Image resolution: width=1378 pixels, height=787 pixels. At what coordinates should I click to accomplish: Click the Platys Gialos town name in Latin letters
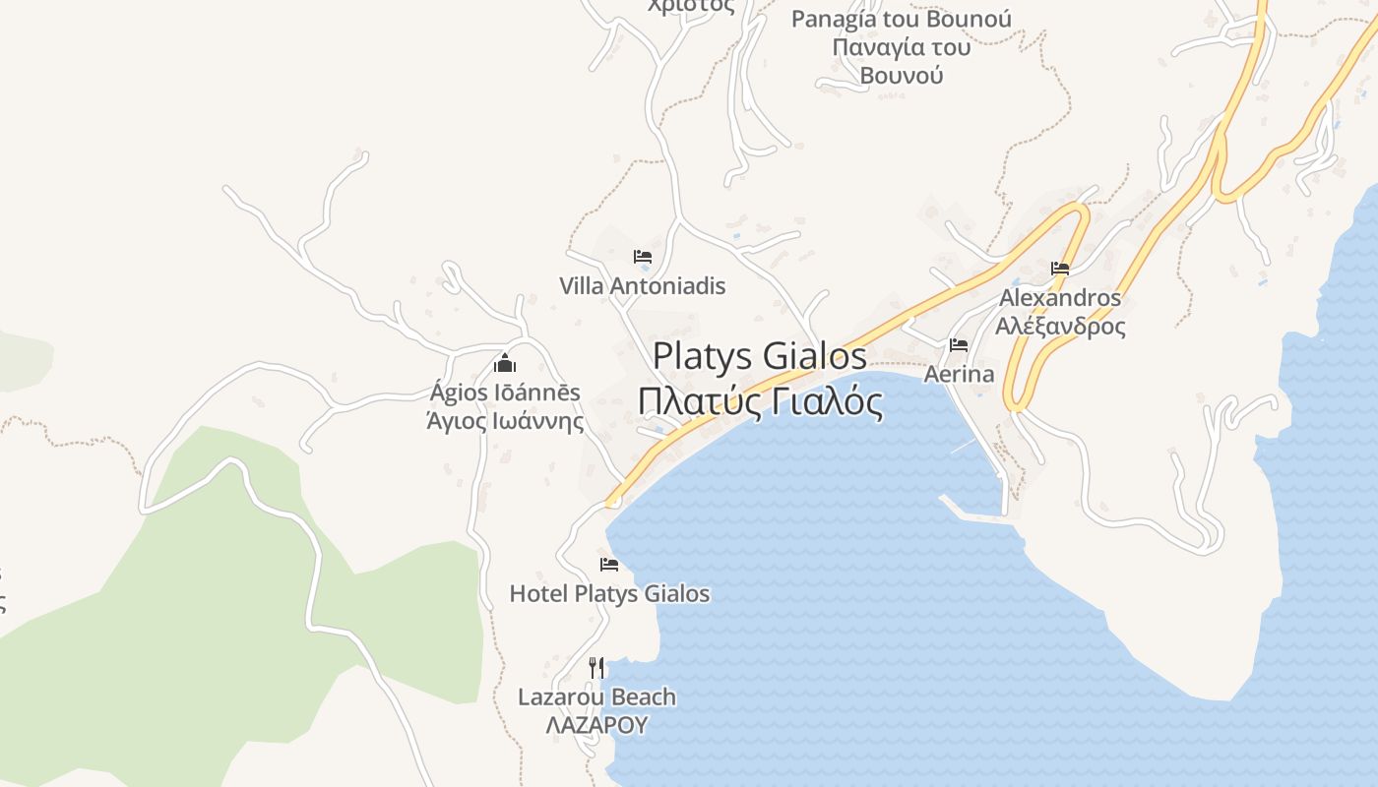tap(760, 355)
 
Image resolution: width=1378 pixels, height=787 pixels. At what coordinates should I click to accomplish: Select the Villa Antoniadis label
tap(642, 286)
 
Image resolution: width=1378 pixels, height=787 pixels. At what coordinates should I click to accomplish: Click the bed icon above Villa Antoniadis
tap(643, 257)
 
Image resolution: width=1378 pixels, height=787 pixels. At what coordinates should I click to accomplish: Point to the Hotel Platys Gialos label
tap(609, 593)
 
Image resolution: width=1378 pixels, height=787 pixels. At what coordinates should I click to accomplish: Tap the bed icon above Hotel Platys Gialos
tap(609, 565)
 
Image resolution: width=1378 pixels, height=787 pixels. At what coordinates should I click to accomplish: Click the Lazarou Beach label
tap(597, 697)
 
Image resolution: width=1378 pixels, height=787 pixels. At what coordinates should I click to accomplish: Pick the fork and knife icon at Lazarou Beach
tap(596, 668)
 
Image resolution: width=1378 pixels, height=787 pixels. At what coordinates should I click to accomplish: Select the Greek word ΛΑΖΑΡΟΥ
tap(597, 726)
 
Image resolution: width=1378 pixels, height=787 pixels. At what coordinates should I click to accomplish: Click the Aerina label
tap(959, 375)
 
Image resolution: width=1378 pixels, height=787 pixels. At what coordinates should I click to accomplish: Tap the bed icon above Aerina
tap(959, 345)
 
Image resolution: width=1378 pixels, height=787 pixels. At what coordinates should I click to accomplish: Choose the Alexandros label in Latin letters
tap(1060, 297)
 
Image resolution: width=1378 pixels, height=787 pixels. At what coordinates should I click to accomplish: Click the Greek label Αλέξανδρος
tap(1060, 326)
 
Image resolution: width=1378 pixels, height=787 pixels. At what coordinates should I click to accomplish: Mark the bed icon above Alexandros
tap(1060, 268)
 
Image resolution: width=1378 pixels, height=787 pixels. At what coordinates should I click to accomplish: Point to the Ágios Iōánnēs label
tap(505, 393)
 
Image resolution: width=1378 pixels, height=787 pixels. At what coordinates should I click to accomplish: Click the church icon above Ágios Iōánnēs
tap(505, 363)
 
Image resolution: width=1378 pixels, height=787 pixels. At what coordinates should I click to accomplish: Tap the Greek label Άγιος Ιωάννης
tap(505, 422)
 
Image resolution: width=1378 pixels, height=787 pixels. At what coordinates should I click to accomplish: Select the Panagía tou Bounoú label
tap(902, 20)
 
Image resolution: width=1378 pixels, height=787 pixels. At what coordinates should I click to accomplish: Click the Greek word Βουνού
tap(902, 75)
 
